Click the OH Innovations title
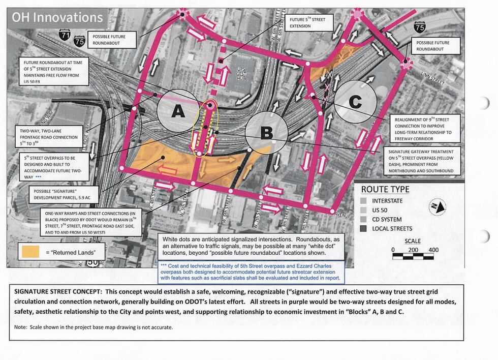57,17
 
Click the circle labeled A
178,111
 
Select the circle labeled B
266,133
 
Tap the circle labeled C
355,102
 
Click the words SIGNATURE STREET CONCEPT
63,292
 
